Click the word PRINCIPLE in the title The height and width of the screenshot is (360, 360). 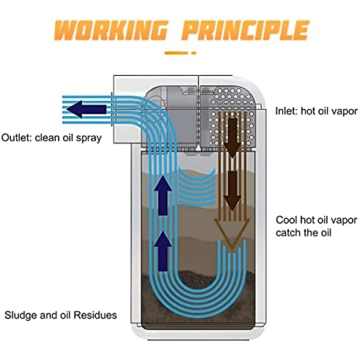click(x=245, y=30)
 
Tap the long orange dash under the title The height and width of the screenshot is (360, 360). click(x=176, y=53)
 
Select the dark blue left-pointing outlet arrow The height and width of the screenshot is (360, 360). click(x=86, y=109)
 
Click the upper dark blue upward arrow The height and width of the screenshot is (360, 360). click(x=163, y=195)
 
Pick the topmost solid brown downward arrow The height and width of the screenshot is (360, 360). click(x=232, y=137)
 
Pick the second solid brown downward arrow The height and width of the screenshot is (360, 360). click(x=232, y=191)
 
